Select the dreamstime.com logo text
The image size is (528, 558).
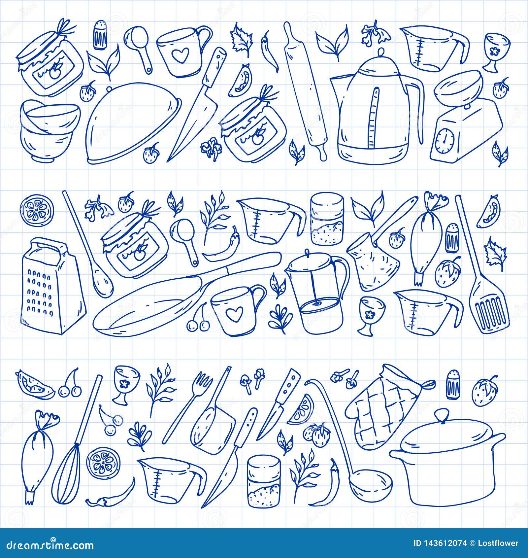tap(48, 545)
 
